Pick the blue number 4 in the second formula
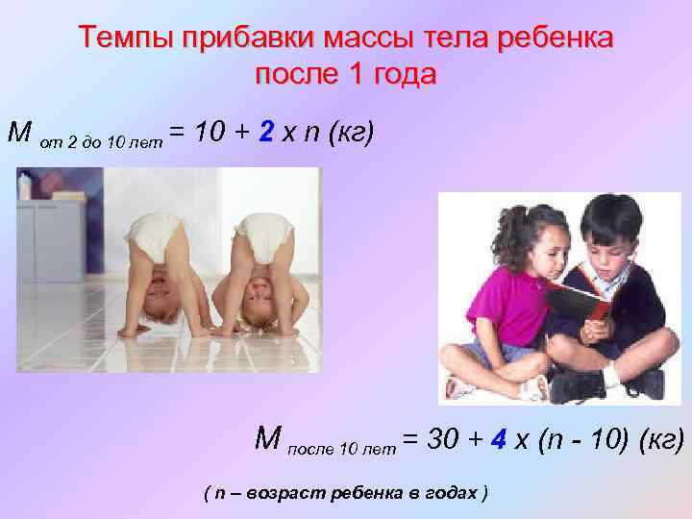click(497, 440)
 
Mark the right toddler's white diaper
click(264, 232)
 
